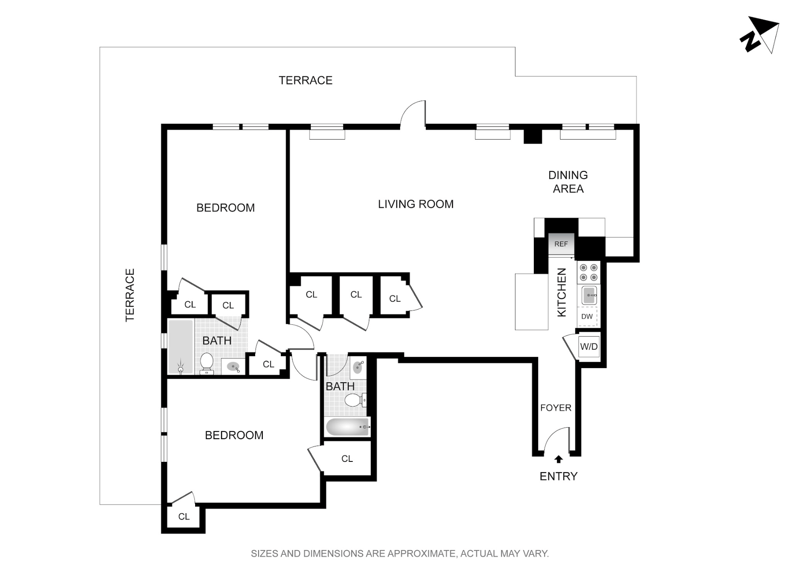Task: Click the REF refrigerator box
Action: point(561,244)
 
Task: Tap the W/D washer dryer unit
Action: point(588,347)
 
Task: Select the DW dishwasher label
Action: point(587,317)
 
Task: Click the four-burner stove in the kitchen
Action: point(588,273)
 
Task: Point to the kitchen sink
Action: point(589,295)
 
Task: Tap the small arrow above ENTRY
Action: point(558,459)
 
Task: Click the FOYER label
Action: point(556,408)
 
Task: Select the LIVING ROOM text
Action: point(416,204)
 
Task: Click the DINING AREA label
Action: point(568,182)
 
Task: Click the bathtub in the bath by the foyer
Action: point(347,427)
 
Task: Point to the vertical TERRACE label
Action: point(130,295)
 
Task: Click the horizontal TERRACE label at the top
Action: point(305,81)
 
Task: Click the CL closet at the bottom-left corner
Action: point(184,517)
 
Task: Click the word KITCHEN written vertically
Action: point(561,292)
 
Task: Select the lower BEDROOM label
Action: point(234,435)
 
